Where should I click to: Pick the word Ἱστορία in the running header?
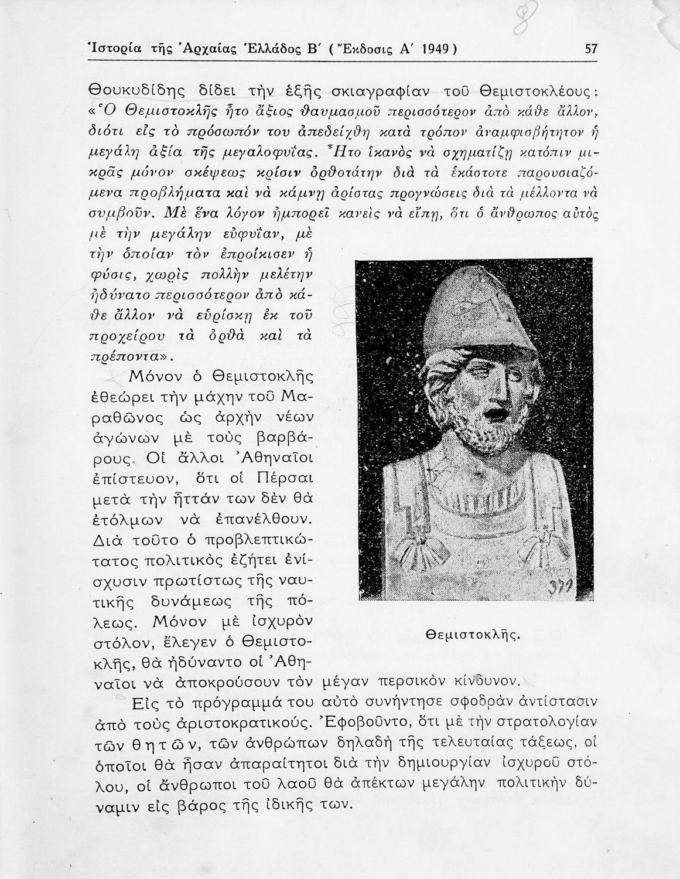point(112,49)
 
